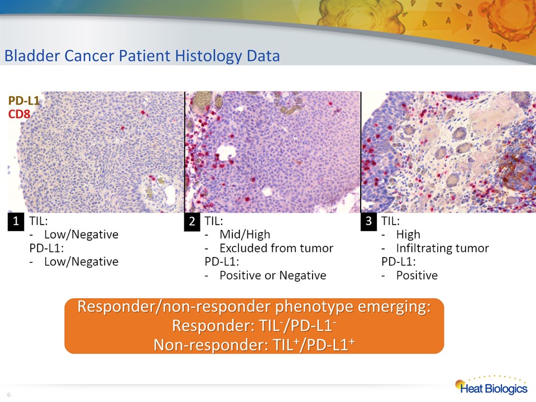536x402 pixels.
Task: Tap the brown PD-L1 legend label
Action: click(x=23, y=101)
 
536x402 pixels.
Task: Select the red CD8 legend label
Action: click(x=19, y=114)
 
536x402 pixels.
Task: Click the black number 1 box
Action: click(x=16, y=222)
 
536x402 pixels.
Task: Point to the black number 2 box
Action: click(x=192, y=222)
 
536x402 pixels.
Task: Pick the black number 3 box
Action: click(x=368, y=222)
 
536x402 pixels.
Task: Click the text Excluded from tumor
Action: click(x=276, y=248)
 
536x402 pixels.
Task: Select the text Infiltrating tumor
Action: click(x=442, y=248)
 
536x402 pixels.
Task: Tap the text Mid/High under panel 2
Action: click(x=245, y=234)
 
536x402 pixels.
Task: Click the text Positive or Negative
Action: click(x=273, y=275)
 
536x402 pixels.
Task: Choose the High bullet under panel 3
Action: click(x=408, y=234)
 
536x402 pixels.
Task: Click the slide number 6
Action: click(x=9, y=395)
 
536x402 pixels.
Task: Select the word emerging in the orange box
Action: click(x=394, y=307)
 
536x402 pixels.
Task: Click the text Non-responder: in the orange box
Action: click(x=211, y=345)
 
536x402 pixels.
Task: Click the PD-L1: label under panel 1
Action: click(x=46, y=248)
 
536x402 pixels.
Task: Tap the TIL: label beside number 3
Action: click(x=390, y=221)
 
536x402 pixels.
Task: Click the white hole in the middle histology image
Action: click(x=225, y=152)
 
